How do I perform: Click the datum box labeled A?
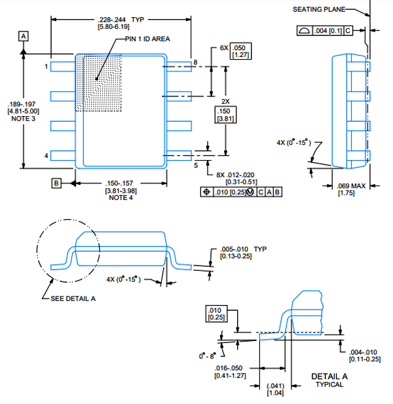click(24, 36)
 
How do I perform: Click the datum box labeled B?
click(56, 183)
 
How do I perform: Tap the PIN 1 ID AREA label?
click(147, 39)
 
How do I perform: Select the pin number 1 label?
click(46, 66)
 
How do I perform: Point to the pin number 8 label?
click(196, 62)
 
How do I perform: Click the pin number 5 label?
click(196, 165)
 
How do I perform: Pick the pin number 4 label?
click(46, 155)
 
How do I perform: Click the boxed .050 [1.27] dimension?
click(240, 51)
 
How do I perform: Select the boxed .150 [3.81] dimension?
click(225, 115)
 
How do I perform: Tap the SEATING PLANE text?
click(319, 10)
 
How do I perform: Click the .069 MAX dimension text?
click(351, 186)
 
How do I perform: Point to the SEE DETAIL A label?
click(73, 298)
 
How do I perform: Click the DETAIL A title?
click(329, 376)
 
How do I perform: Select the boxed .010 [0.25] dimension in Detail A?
click(216, 313)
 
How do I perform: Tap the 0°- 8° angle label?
click(208, 356)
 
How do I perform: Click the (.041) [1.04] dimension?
click(275, 390)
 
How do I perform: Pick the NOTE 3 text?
click(23, 119)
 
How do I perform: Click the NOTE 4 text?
click(121, 197)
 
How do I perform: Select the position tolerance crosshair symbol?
click(207, 192)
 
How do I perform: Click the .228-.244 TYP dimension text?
click(121, 20)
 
